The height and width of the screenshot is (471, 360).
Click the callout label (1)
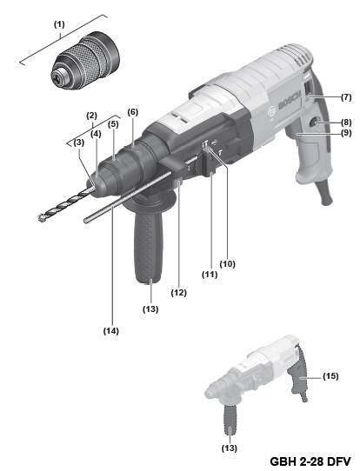pos(60,25)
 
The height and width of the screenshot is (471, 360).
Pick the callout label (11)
pos(209,275)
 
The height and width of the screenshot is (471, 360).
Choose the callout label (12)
pos(177,293)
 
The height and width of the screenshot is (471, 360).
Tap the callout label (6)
pos(132,112)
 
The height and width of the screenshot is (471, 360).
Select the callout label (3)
pos(79,143)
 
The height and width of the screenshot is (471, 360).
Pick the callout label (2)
pos(90,114)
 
